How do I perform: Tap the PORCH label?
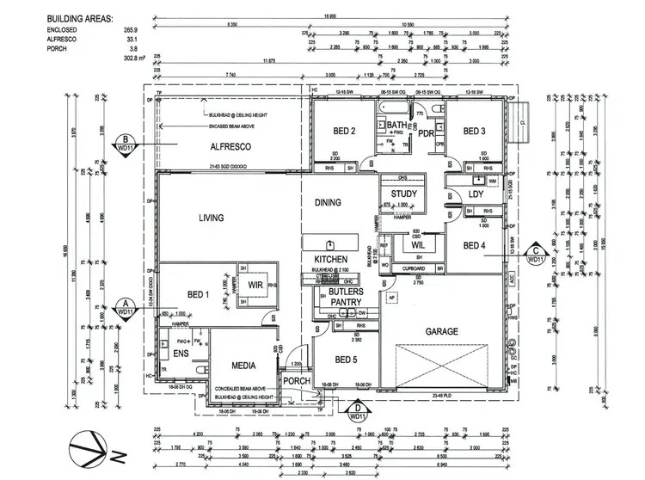click(296, 381)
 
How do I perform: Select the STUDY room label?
click(404, 194)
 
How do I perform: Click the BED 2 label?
click(344, 132)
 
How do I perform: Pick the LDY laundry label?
click(477, 195)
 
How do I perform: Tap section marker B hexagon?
click(126, 144)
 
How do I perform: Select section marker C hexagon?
click(537, 254)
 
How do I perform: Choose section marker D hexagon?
click(357, 411)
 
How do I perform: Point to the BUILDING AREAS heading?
click(78, 17)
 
